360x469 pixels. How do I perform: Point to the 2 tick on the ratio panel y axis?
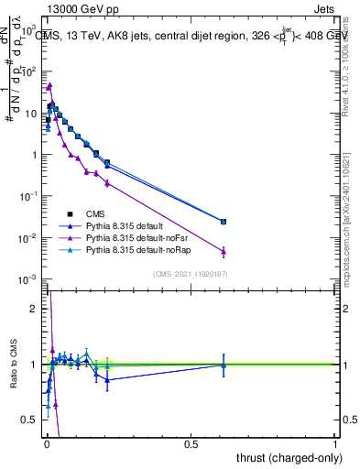coord(33,309)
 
